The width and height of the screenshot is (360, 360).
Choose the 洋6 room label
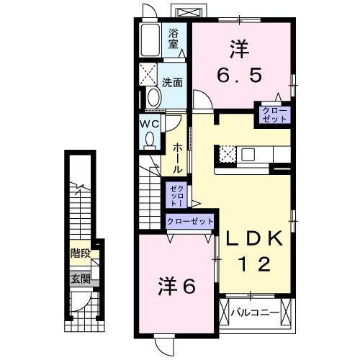(x=176, y=287)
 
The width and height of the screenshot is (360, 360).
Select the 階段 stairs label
(x=80, y=253)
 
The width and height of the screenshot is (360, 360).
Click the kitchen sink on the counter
(x=248, y=153)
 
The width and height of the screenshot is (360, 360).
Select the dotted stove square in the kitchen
(x=228, y=154)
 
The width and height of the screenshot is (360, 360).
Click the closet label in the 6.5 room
(x=275, y=114)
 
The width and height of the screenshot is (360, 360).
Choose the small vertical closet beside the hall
(x=176, y=195)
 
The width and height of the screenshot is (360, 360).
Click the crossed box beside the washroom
(x=149, y=73)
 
